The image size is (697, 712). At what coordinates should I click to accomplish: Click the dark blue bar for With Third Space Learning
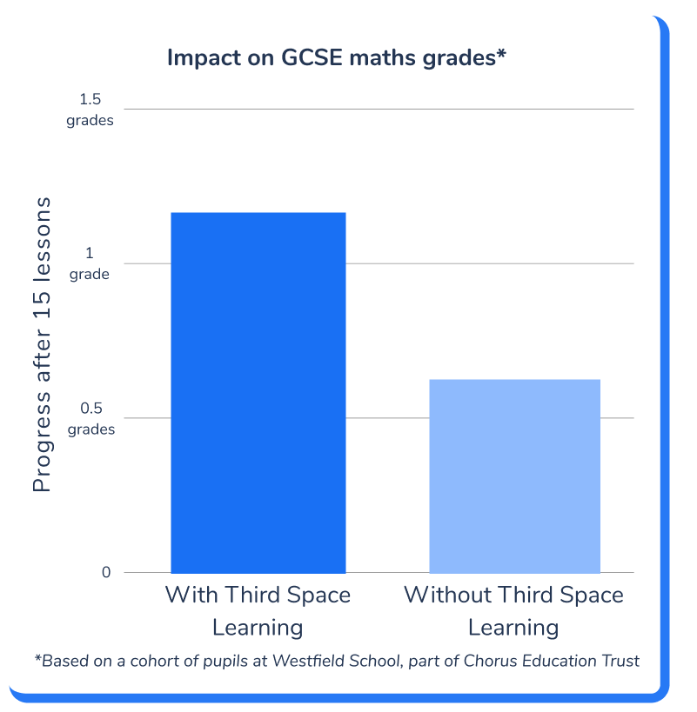click(x=258, y=392)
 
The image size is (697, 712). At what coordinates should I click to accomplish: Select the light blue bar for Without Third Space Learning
click(x=514, y=476)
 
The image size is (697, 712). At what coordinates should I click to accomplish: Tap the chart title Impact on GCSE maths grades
click(x=336, y=58)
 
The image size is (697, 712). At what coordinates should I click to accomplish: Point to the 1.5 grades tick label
click(x=90, y=110)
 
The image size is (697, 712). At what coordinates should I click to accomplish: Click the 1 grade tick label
click(x=90, y=264)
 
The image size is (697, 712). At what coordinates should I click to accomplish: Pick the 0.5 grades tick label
click(x=90, y=419)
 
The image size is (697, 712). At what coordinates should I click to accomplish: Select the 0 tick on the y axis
click(x=106, y=572)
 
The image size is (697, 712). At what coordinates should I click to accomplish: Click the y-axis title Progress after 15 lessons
click(x=42, y=345)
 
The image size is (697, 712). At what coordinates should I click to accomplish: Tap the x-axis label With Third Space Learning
click(x=258, y=611)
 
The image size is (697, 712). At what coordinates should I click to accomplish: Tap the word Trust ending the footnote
click(x=620, y=661)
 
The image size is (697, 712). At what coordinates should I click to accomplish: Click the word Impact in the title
click(x=203, y=58)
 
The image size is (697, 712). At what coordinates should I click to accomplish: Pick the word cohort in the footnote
click(x=153, y=661)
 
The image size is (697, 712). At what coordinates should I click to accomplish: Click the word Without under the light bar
click(x=443, y=596)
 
